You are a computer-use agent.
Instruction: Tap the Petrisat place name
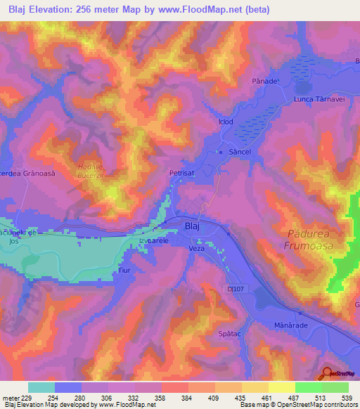coord(181,171)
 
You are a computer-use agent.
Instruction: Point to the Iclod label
coord(226,122)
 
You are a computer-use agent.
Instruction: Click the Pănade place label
coord(265,82)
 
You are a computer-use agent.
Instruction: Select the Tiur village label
coord(124,270)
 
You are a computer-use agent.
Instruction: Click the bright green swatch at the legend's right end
coord(335,387)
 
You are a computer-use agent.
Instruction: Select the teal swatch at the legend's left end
coord(41,387)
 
